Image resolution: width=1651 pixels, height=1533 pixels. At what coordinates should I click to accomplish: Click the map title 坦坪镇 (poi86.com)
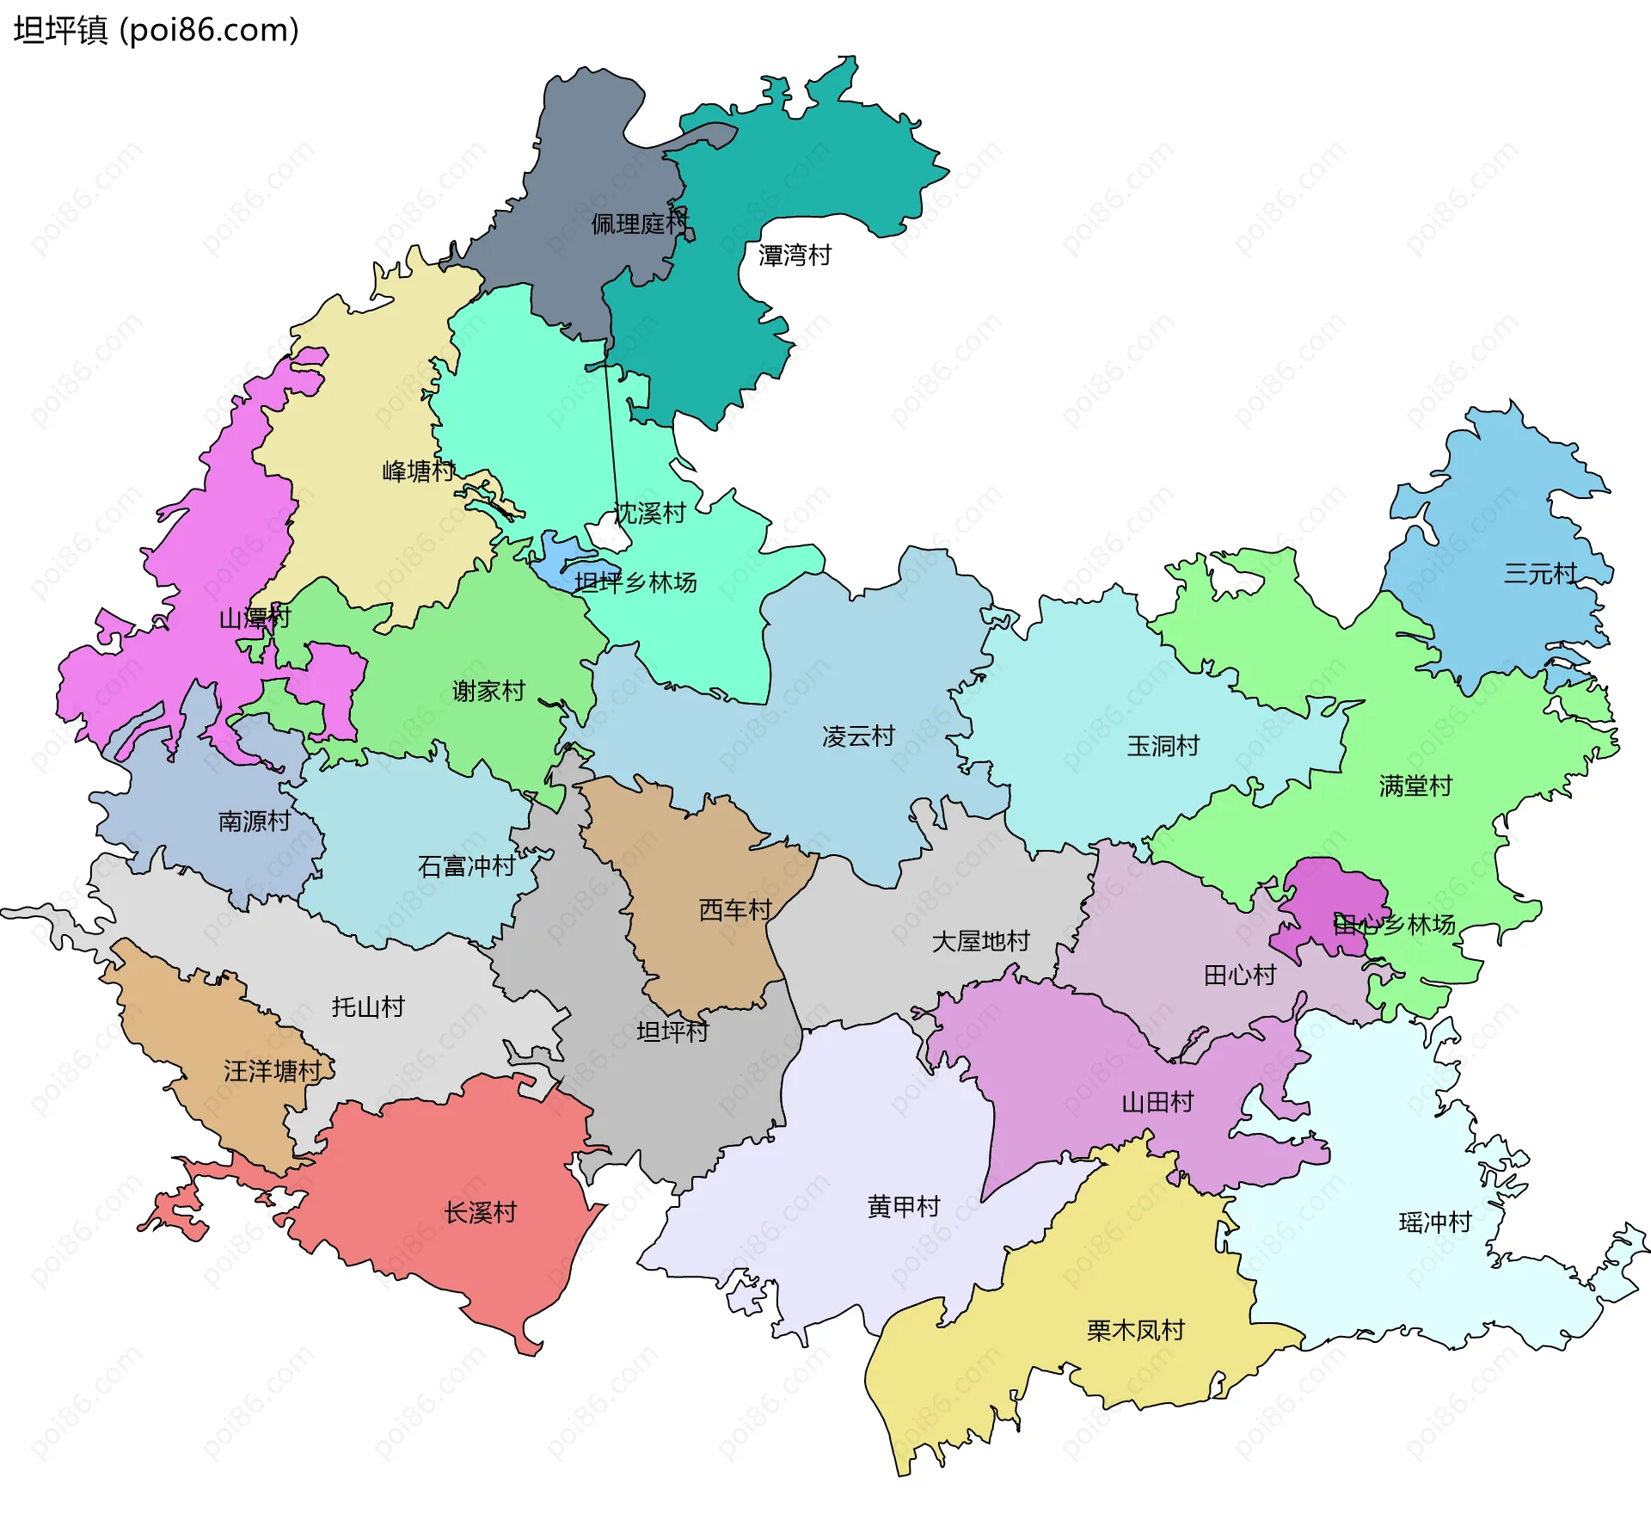pyautogui.click(x=157, y=31)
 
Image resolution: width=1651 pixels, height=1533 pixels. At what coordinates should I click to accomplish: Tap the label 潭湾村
pyautogui.click(x=795, y=255)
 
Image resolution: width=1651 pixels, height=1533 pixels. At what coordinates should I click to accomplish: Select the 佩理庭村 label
pyautogui.click(x=640, y=225)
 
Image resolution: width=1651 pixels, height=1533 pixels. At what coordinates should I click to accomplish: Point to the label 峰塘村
pyautogui.click(x=419, y=471)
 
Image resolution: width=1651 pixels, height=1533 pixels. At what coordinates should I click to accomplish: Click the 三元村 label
pyautogui.click(x=1540, y=574)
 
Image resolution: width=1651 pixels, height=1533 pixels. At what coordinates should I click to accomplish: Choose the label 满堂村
pyautogui.click(x=1415, y=786)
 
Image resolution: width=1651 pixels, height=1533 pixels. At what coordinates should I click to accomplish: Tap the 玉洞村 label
pyautogui.click(x=1163, y=746)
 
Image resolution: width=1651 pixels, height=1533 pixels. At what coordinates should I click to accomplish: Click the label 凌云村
pyautogui.click(x=858, y=736)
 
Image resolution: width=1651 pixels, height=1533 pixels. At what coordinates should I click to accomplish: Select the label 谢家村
pyautogui.click(x=488, y=692)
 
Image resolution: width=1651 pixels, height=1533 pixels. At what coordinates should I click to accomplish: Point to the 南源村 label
pyautogui.click(x=255, y=822)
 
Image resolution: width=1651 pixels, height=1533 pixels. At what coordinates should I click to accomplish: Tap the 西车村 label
pyautogui.click(x=735, y=910)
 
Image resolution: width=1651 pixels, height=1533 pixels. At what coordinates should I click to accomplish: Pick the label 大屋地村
pyautogui.click(x=980, y=942)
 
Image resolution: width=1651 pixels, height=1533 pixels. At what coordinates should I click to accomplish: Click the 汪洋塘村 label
pyautogui.click(x=273, y=1072)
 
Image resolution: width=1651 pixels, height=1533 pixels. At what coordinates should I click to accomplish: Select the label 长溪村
pyautogui.click(x=481, y=1214)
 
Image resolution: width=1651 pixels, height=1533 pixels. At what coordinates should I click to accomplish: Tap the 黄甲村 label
pyautogui.click(x=904, y=1208)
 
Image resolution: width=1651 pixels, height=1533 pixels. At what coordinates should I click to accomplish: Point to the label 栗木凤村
pyautogui.click(x=1135, y=1332)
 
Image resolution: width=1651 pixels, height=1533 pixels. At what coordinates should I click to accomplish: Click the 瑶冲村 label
pyautogui.click(x=1435, y=1222)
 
